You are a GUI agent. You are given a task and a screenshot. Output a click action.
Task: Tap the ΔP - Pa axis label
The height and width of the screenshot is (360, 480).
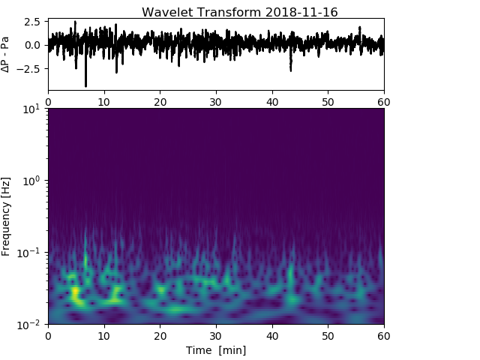click(6, 55)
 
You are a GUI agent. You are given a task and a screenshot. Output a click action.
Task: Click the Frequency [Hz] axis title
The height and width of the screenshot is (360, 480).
click(6, 216)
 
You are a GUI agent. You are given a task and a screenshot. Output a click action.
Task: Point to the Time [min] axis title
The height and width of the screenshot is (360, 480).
click(216, 350)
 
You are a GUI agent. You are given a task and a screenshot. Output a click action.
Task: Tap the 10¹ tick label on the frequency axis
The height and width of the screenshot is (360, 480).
click(34, 109)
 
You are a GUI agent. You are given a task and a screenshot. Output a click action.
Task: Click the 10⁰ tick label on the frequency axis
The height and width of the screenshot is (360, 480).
click(34, 181)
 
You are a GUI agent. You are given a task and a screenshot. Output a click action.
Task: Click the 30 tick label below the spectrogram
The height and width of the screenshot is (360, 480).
click(216, 335)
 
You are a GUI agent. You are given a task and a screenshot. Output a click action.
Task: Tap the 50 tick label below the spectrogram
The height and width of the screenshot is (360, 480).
click(328, 335)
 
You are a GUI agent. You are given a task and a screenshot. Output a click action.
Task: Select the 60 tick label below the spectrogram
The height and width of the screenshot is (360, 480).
click(383, 335)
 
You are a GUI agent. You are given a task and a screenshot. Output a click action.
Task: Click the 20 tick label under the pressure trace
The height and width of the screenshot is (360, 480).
click(160, 101)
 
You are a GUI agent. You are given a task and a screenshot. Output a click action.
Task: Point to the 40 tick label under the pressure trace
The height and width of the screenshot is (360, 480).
click(272, 101)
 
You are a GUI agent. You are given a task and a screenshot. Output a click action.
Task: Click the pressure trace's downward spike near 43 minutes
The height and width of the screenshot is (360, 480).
click(290, 69)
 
